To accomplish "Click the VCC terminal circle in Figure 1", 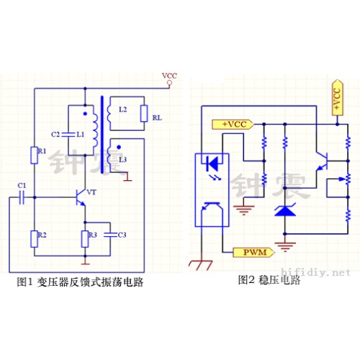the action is (x=169, y=83).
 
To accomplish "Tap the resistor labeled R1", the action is (x=35, y=156).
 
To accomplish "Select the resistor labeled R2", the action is (x=35, y=239).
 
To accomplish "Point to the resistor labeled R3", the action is (x=85, y=239).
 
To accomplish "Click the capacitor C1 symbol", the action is (x=22, y=197).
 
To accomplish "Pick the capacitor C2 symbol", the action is (x=68, y=135).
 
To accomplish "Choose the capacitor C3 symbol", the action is (x=110, y=235).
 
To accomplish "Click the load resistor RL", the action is (x=144, y=113).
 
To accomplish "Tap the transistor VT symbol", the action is (x=81, y=197).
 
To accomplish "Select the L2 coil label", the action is (x=122, y=109).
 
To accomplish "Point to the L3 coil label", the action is (x=122, y=159).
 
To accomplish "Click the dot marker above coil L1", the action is (x=85, y=114).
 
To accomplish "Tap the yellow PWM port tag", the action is (x=253, y=252).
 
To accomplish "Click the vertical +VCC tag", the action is (x=337, y=98).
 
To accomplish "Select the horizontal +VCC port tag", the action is (x=233, y=125).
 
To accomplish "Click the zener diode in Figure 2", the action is (x=285, y=210).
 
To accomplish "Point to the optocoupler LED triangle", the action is (x=212, y=163).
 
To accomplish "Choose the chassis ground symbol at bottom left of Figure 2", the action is (x=201, y=265).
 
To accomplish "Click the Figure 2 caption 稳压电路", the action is (x=279, y=280).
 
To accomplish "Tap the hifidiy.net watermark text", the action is (x=315, y=272).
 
